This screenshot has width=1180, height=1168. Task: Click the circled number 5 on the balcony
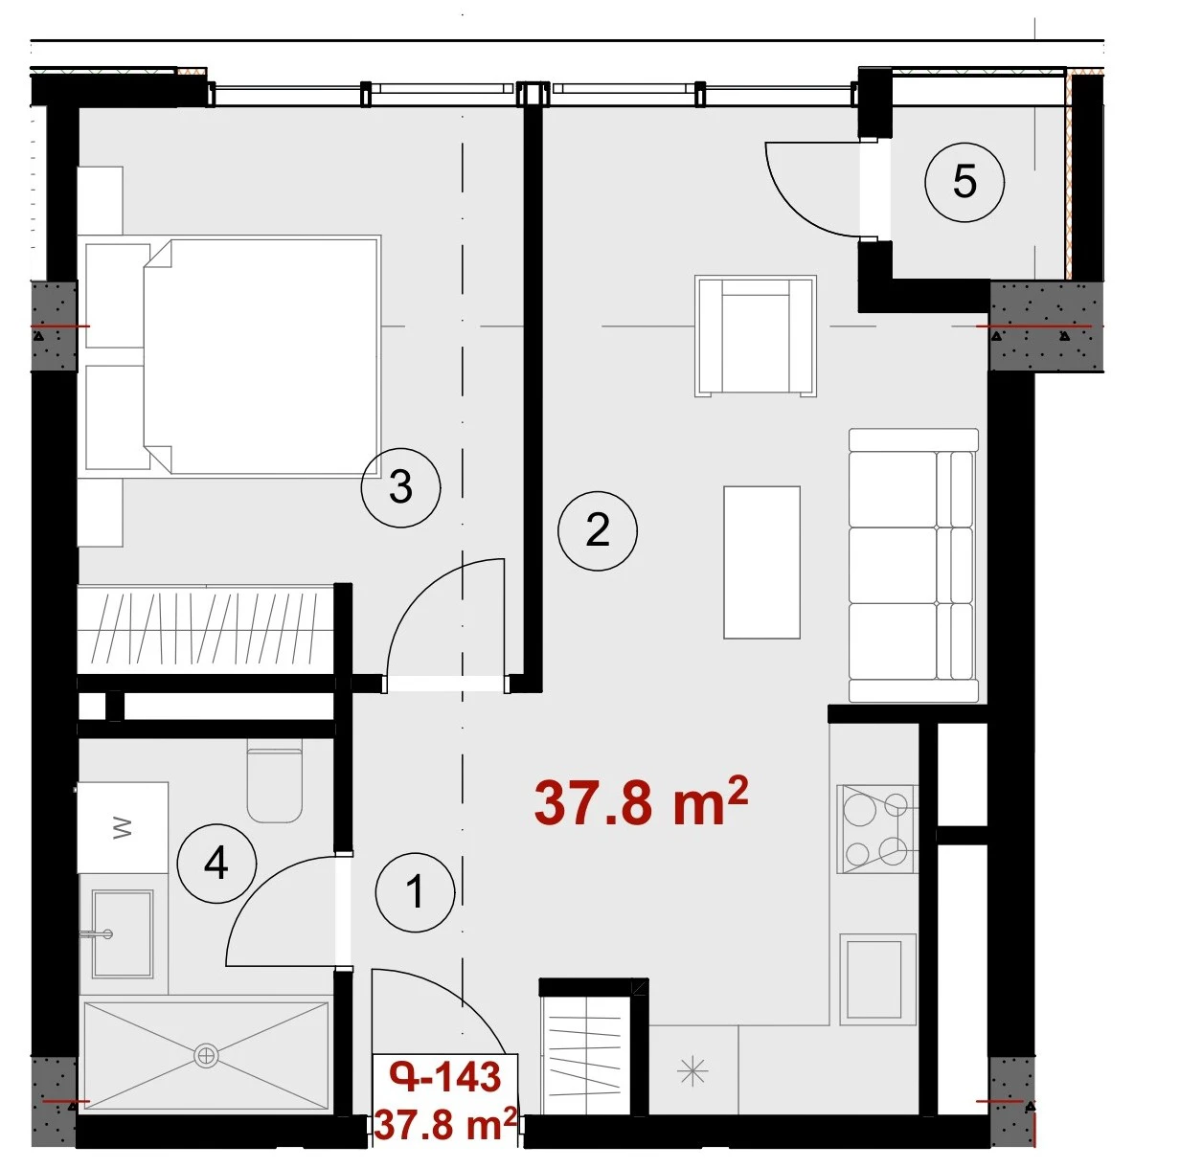click(x=964, y=182)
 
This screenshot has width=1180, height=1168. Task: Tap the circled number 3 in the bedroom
click(x=400, y=487)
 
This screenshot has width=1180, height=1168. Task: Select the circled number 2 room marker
click(x=597, y=530)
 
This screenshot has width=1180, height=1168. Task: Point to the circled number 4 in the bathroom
click(x=216, y=864)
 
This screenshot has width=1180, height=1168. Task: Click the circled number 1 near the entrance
click(x=415, y=891)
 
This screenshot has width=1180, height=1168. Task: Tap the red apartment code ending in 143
click(x=445, y=1077)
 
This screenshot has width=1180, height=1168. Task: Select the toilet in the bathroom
click(x=275, y=780)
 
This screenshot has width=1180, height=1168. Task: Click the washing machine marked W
click(x=123, y=827)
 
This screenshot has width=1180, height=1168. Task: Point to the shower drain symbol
click(x=206, y=1056)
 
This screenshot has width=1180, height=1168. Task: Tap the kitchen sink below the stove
click(x=878, y=978)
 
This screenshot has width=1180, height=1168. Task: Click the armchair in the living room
click(x=756, y=335)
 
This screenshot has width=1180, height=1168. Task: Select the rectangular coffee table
click(x=761, y=563)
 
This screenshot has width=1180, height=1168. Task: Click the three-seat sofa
click(x=914, y=566)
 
